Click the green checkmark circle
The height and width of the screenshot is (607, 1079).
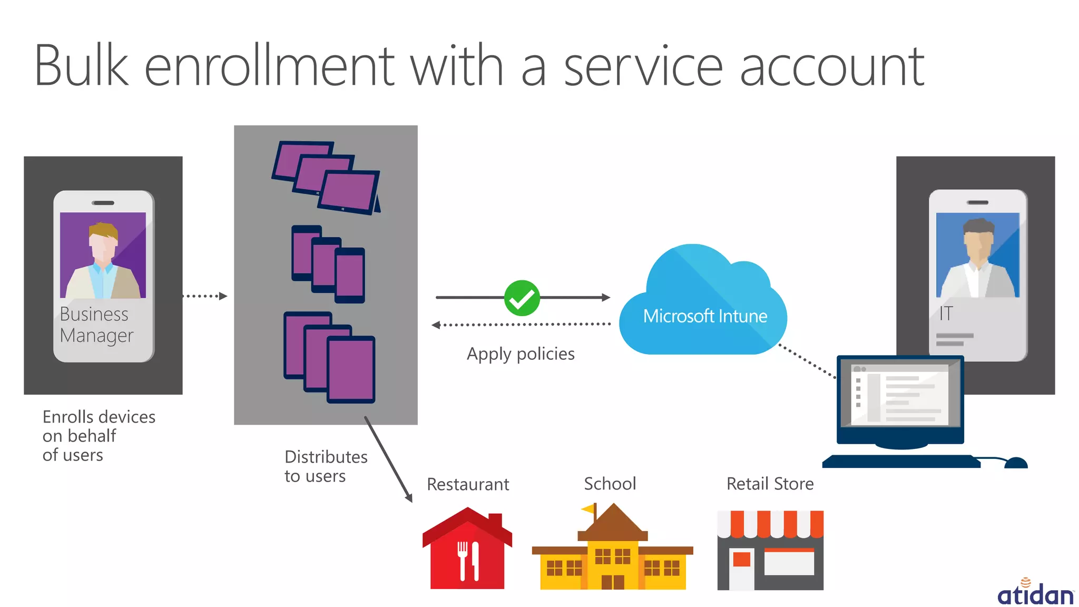click(522, 298)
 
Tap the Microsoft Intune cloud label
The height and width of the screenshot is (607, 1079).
click(705, 316)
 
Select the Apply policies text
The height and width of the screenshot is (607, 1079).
click(521, 354)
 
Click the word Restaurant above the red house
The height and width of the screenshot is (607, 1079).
click(468, 484)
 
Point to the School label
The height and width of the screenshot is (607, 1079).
click(610, 484)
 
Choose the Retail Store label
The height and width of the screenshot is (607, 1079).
click(770, 484)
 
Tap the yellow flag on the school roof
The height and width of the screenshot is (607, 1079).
click(588, 508)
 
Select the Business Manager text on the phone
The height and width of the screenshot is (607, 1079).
click(96, 325)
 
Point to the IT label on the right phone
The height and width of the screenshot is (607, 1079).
click(946, 314)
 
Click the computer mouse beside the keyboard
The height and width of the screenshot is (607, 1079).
click(1016, 463)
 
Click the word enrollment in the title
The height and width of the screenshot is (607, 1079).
click(269, 67)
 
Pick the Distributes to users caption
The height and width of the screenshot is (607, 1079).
click(326, 466)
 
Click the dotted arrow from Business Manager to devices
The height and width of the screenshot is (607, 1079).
click(205, 296)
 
